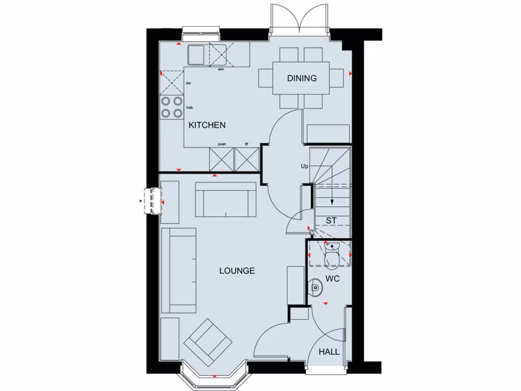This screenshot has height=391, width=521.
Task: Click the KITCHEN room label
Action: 207,125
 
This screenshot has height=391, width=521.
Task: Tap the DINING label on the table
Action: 302,78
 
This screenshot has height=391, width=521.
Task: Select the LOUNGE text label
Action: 237,271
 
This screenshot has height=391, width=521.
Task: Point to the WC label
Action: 333,279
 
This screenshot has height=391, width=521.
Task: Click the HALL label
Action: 329,352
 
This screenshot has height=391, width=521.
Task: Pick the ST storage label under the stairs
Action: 331,220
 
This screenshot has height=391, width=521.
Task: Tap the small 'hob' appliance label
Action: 189,107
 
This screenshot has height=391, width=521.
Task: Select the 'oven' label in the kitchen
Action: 222,144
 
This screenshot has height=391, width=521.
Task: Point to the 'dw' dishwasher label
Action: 188,83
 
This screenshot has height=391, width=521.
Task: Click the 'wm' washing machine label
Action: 221,69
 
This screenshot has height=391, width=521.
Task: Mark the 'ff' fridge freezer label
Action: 247,144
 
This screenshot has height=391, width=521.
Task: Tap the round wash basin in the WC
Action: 316,288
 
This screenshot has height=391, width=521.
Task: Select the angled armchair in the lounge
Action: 208,342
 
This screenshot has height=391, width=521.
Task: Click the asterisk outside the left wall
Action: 140,202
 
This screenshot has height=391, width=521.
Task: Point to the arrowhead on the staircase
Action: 331,202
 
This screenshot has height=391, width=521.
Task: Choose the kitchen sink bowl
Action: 195,54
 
